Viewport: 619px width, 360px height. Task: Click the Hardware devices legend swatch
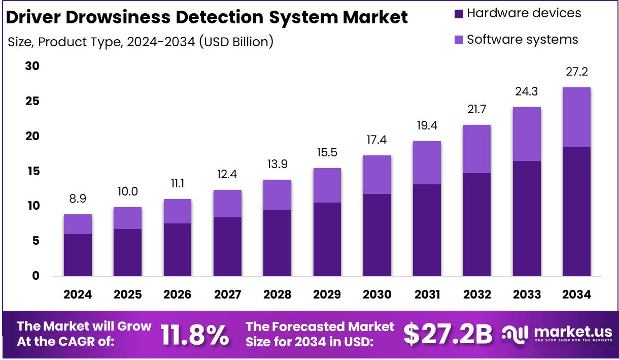click(459, 14)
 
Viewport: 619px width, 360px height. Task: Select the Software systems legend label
click(522, 39)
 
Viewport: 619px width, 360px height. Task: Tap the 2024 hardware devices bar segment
click(78, 255)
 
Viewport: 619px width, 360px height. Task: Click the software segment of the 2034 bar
click(576, 117)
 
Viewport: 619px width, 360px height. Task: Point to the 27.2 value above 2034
click(577, 73)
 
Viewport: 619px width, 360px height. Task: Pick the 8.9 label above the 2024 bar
click(78, 200)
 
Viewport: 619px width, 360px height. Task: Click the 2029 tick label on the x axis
click(327, 294)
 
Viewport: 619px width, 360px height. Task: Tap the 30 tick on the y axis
click(32, 67)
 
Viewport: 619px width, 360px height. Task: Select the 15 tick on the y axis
click(32, 172)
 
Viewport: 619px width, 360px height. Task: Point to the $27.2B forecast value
click(448, 334)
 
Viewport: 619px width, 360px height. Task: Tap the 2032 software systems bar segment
click(477, 149)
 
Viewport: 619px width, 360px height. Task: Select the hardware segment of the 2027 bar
click(227, 247)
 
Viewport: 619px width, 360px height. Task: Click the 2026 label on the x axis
click(178, 294)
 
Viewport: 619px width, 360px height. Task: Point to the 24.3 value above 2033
click(527, 92)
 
